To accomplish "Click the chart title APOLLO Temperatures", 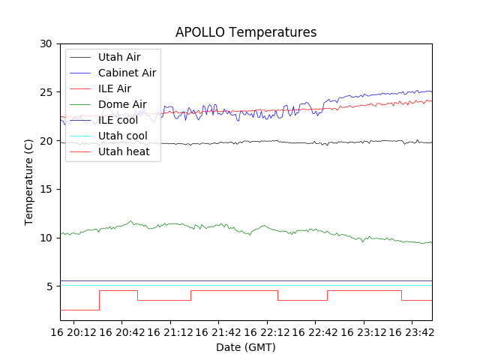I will (246, 32).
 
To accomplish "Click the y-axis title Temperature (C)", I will (29, 181).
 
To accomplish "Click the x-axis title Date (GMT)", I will (246, 347).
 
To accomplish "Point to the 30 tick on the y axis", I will (46, 43).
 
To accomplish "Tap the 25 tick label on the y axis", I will (46, 92).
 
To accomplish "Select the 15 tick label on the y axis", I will (46, 189).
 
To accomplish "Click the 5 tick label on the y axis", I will (49, 286).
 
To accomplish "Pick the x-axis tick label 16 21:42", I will (220, 331).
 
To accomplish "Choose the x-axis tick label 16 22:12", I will (268, 331).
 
